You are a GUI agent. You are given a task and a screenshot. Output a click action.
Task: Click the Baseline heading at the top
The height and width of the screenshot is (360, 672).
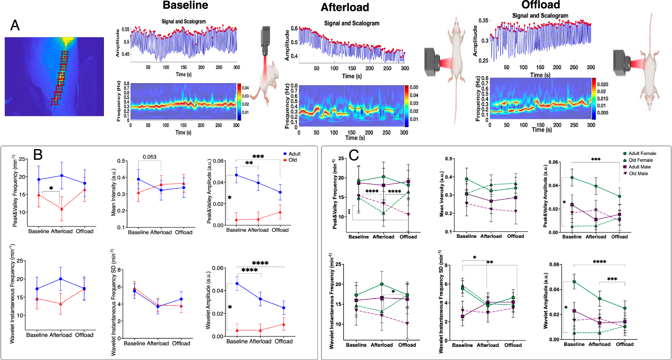(x=185, y=5)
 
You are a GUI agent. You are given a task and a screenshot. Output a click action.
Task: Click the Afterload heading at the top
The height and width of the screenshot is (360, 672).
(x=345, y=7)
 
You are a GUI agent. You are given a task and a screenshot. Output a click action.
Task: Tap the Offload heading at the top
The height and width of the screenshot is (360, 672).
(x=541, y=5)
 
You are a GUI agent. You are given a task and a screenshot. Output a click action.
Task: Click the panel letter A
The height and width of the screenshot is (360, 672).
(x=15, y=25)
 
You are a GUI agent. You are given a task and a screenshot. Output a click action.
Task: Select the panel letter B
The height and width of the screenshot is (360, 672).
(x=38, y=155)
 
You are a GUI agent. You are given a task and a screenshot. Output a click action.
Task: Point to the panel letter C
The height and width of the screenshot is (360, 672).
(x=354, y=155)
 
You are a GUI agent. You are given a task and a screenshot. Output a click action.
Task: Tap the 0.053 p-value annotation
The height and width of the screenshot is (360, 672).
(x=149, y=157)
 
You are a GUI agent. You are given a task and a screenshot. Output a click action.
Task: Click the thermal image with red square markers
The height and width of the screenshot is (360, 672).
(x=54, y=76)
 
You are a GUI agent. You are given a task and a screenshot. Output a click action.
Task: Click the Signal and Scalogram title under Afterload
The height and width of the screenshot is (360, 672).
(x=352, y=23)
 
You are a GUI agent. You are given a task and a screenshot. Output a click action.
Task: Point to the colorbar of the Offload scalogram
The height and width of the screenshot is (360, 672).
(x=594, y=99)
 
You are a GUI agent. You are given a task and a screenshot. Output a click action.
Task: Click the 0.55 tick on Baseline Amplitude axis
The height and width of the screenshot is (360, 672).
(x=125, y=29)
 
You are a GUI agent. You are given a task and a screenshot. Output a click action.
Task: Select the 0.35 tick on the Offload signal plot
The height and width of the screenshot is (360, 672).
(x=483, y=21)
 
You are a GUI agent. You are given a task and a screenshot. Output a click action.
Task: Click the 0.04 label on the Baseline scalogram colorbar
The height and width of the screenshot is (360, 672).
(x=245, y=88)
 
